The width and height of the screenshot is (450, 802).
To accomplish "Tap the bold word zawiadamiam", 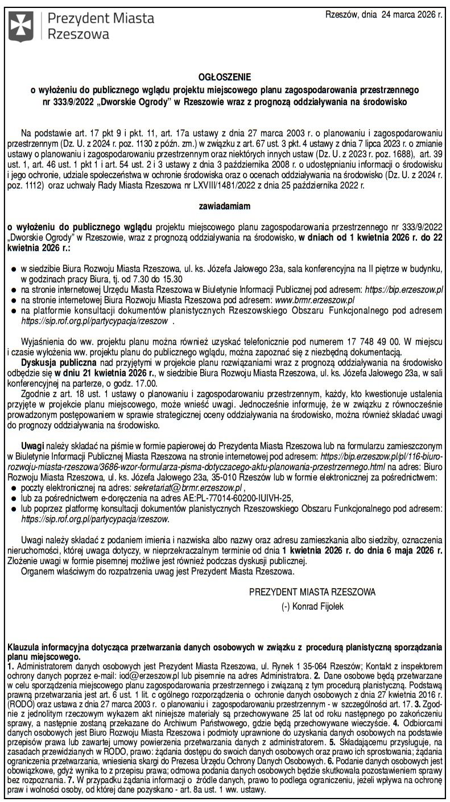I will [225, 206].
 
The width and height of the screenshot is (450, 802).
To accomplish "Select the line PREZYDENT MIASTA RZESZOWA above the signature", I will [312, 592].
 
